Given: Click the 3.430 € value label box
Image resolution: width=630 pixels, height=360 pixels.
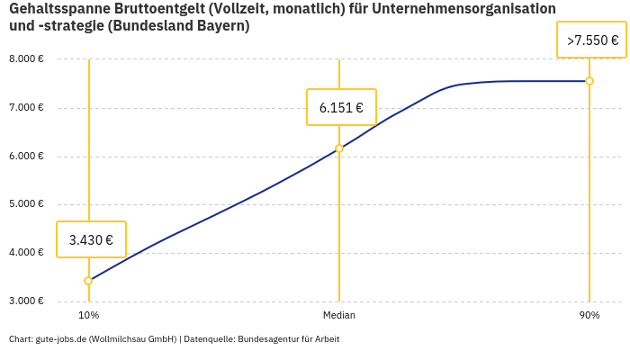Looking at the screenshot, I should click(91, 239).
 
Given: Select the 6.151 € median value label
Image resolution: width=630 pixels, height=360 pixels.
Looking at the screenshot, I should click(341, 107).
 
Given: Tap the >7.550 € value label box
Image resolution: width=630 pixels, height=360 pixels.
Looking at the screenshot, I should click(591, 40).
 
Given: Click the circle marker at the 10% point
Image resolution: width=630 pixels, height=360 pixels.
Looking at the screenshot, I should click(88, 281).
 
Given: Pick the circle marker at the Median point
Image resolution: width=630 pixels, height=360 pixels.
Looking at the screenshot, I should click(339, 148).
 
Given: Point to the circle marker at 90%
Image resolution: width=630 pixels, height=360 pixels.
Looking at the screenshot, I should click(589, 81).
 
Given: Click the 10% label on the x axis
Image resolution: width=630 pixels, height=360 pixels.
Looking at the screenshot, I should click(88, 315).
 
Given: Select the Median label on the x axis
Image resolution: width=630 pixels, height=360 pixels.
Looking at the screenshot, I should click(339, 315).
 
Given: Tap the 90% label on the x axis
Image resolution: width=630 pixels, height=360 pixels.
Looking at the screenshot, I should click(589, 315).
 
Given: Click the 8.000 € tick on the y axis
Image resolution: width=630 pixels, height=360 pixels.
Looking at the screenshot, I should click(26, 59).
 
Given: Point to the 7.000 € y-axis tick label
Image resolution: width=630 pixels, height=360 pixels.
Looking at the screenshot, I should click(26, 108).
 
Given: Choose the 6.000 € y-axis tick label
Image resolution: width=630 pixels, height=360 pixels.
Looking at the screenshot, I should click(26, 156).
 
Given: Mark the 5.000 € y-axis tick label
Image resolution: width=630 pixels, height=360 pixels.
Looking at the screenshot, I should click(26, 204).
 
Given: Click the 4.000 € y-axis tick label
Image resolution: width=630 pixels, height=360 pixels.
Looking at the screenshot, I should click(26, 252).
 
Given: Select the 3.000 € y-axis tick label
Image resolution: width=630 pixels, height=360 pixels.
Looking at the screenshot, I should click(26, 301).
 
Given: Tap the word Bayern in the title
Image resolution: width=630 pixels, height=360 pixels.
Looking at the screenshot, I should click(219, 26).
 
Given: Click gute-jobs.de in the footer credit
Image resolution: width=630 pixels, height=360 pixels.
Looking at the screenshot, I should click(60, 339).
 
